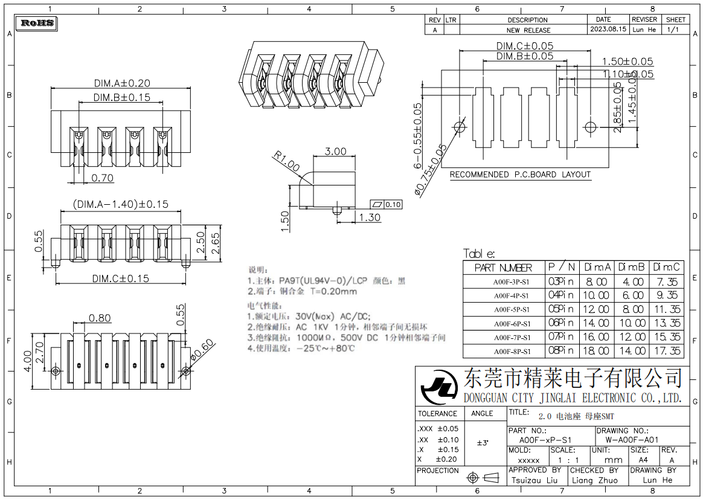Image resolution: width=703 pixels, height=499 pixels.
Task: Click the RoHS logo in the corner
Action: click(x=38, y=24)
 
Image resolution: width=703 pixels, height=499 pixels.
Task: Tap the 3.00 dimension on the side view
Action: click(x=336, y=151)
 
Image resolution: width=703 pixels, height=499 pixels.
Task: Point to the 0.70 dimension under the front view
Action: click(x=103, y=178)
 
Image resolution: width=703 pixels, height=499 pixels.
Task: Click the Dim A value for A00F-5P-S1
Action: click(x=596, y=309)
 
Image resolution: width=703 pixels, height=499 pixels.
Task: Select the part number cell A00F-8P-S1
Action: click(x=512, y=351)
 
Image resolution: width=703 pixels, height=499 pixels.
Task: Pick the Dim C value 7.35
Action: click(x=667, y=282)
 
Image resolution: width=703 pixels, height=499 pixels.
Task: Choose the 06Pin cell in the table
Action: click(x=561, y=323)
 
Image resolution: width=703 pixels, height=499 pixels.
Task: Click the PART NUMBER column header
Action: click(x=503, y=267)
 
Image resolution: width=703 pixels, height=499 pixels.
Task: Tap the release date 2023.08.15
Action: click(x=608, y=29)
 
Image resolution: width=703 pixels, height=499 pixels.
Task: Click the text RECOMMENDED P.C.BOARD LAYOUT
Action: click(x=520, y=175)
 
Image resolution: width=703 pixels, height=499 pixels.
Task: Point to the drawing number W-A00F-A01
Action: click(x=631, y=440)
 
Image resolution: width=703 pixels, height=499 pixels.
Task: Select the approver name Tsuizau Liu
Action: click(x=534, y=480)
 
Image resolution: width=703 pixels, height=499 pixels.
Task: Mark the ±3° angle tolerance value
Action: click(x=483, y=443)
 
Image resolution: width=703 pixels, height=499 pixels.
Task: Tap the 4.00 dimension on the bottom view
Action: click(x=27, y=362)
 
